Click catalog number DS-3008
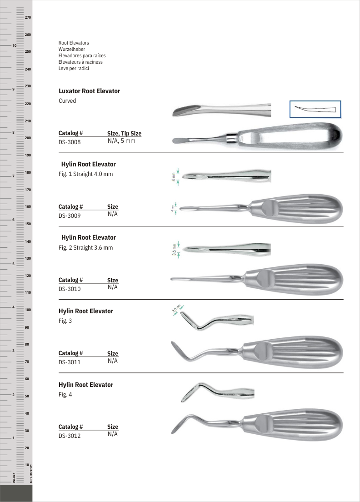tap(70, 142)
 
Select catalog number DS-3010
tap(70, 289)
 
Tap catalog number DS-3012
tap(70, 436)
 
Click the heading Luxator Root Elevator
tap(90, 91)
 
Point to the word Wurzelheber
tap(72, 49)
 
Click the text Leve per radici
tap(74, 68)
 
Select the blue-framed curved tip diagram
tap(315, 109)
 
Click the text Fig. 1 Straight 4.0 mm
tap(86, 174)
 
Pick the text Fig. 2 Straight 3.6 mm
tap(86, 248)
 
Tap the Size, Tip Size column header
tap(124, 133)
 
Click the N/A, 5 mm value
tap(121, 141)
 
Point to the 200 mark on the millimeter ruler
tap(28, 138)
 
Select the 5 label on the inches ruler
tap(14, 264)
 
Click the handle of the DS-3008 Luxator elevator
tap(291, 136)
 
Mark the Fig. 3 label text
tap(65, 321)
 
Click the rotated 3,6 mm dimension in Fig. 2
tap(174, 250)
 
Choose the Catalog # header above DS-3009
tap(71, 206)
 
